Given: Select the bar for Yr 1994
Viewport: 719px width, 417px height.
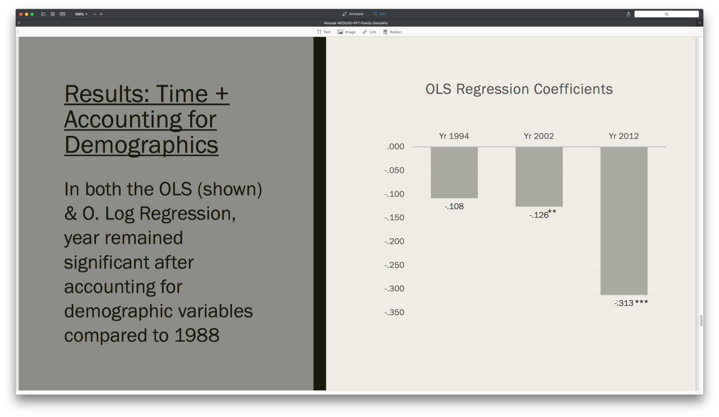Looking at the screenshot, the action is [x=454, y=173].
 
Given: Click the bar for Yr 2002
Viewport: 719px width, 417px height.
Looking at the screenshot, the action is [x=539, y=177].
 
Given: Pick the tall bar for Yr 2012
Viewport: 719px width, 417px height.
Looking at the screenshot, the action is [x=624, y=221].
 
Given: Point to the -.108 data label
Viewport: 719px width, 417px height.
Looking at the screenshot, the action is [x=454, y=206].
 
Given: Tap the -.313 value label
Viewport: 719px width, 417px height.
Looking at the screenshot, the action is [x=624, y=303].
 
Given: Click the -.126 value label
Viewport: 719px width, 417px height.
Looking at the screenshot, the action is [x=539, y=215].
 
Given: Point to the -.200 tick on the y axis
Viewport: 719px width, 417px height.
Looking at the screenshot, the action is [x=394, y=241].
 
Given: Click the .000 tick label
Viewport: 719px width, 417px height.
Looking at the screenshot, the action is [x=396, y=147].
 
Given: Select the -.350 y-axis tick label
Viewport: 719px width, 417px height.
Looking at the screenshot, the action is [x=394, y=312].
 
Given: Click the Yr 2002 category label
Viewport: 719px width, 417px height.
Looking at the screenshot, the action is [x=539, y=136].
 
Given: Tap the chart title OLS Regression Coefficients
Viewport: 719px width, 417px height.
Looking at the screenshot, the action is [x=519, y=89].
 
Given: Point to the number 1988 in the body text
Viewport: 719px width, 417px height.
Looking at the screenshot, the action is [x=197, y=335].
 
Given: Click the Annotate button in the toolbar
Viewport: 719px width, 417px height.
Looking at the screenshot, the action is [x=353, y=14].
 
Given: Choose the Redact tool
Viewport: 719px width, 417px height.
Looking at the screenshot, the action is [x=393, y=32].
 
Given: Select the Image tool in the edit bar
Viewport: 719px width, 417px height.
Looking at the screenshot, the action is [x=346, y=32].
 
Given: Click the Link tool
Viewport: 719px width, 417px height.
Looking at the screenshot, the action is [x=369, y=32].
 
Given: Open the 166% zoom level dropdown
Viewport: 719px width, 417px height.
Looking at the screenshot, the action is [x=81, y=14].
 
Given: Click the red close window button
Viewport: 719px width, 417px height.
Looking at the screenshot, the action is [x=21, y=14].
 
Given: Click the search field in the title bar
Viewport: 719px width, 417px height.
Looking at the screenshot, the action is [x=666, y=14].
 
